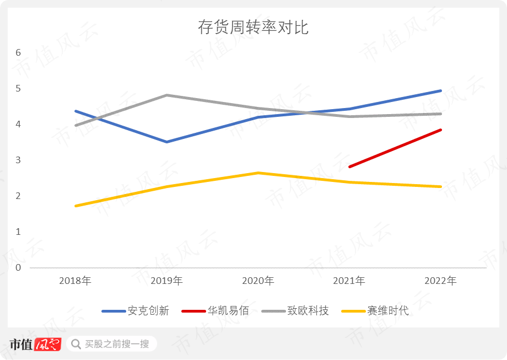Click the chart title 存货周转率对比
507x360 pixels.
click(x=253, y=28)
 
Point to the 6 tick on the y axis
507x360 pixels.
click(x=18, y=53)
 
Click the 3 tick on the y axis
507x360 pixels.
click(x=18, y=160)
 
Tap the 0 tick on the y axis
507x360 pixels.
click(x=18, y=268)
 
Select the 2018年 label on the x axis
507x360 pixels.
click(x=75, y=281)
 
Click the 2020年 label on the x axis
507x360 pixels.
click(x=258, y=281)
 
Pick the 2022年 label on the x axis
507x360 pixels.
click(x=440, y=281)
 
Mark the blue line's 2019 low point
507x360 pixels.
click(x=167, y=142)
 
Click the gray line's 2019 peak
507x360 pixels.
click(x=167, y=95)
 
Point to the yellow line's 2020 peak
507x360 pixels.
click(x=258, y=173)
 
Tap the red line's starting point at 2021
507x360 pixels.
click(x=349, y=166)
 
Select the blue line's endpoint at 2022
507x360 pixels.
click(x=440, y=91)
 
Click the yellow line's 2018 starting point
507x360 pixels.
click(x=75, y=206)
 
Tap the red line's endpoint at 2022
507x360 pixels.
click(x=440, y=130)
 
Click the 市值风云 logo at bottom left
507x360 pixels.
click(x=34, y=344)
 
